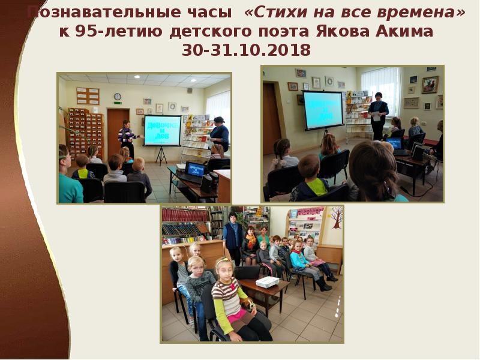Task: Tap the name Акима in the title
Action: click(403, 32)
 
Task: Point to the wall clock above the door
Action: click(118, 96)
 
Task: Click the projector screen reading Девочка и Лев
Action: click(162, 130)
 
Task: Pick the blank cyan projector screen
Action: click(323, 109)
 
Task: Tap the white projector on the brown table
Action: click(267, 281)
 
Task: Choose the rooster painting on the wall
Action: click(430, 85)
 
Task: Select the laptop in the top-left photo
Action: click(194, 170)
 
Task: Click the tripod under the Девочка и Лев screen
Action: click(161, 155)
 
